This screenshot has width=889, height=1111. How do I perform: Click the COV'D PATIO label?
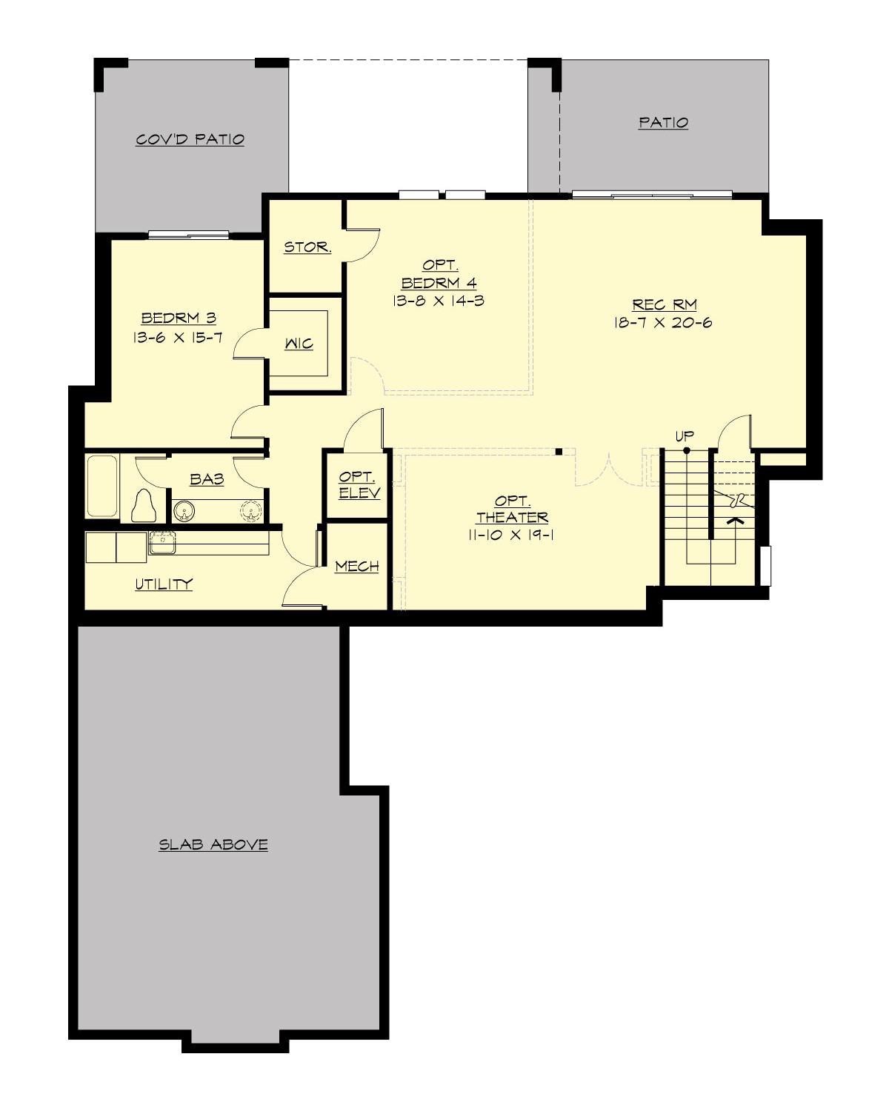(190, 139)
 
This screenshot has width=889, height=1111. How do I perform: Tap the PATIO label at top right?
(663, 122)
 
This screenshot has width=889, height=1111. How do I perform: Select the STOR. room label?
(307, 247)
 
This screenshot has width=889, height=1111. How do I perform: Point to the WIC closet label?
(299, 344)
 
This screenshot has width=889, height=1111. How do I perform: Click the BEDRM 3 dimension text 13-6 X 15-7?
(179, 338)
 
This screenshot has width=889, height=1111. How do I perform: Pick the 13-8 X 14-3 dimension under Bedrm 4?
(439, 301)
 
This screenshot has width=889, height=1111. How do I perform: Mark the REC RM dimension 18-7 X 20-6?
(663, 323)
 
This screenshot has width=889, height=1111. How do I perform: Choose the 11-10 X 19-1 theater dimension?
(511, 536)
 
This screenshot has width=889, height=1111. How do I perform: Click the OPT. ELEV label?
(359, 485)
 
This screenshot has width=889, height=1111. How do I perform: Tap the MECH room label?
(356, 567)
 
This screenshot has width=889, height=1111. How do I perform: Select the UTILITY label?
(163, 584)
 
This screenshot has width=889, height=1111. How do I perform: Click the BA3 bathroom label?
(207, 479)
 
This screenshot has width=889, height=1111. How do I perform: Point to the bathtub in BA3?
(102, 487)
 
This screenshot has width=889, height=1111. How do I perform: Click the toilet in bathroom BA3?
(144, 507)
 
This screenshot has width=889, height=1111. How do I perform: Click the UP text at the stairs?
(685, 436)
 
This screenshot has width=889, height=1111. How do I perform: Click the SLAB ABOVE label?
(213, 844)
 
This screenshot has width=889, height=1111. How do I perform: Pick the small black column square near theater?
(559, 450)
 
